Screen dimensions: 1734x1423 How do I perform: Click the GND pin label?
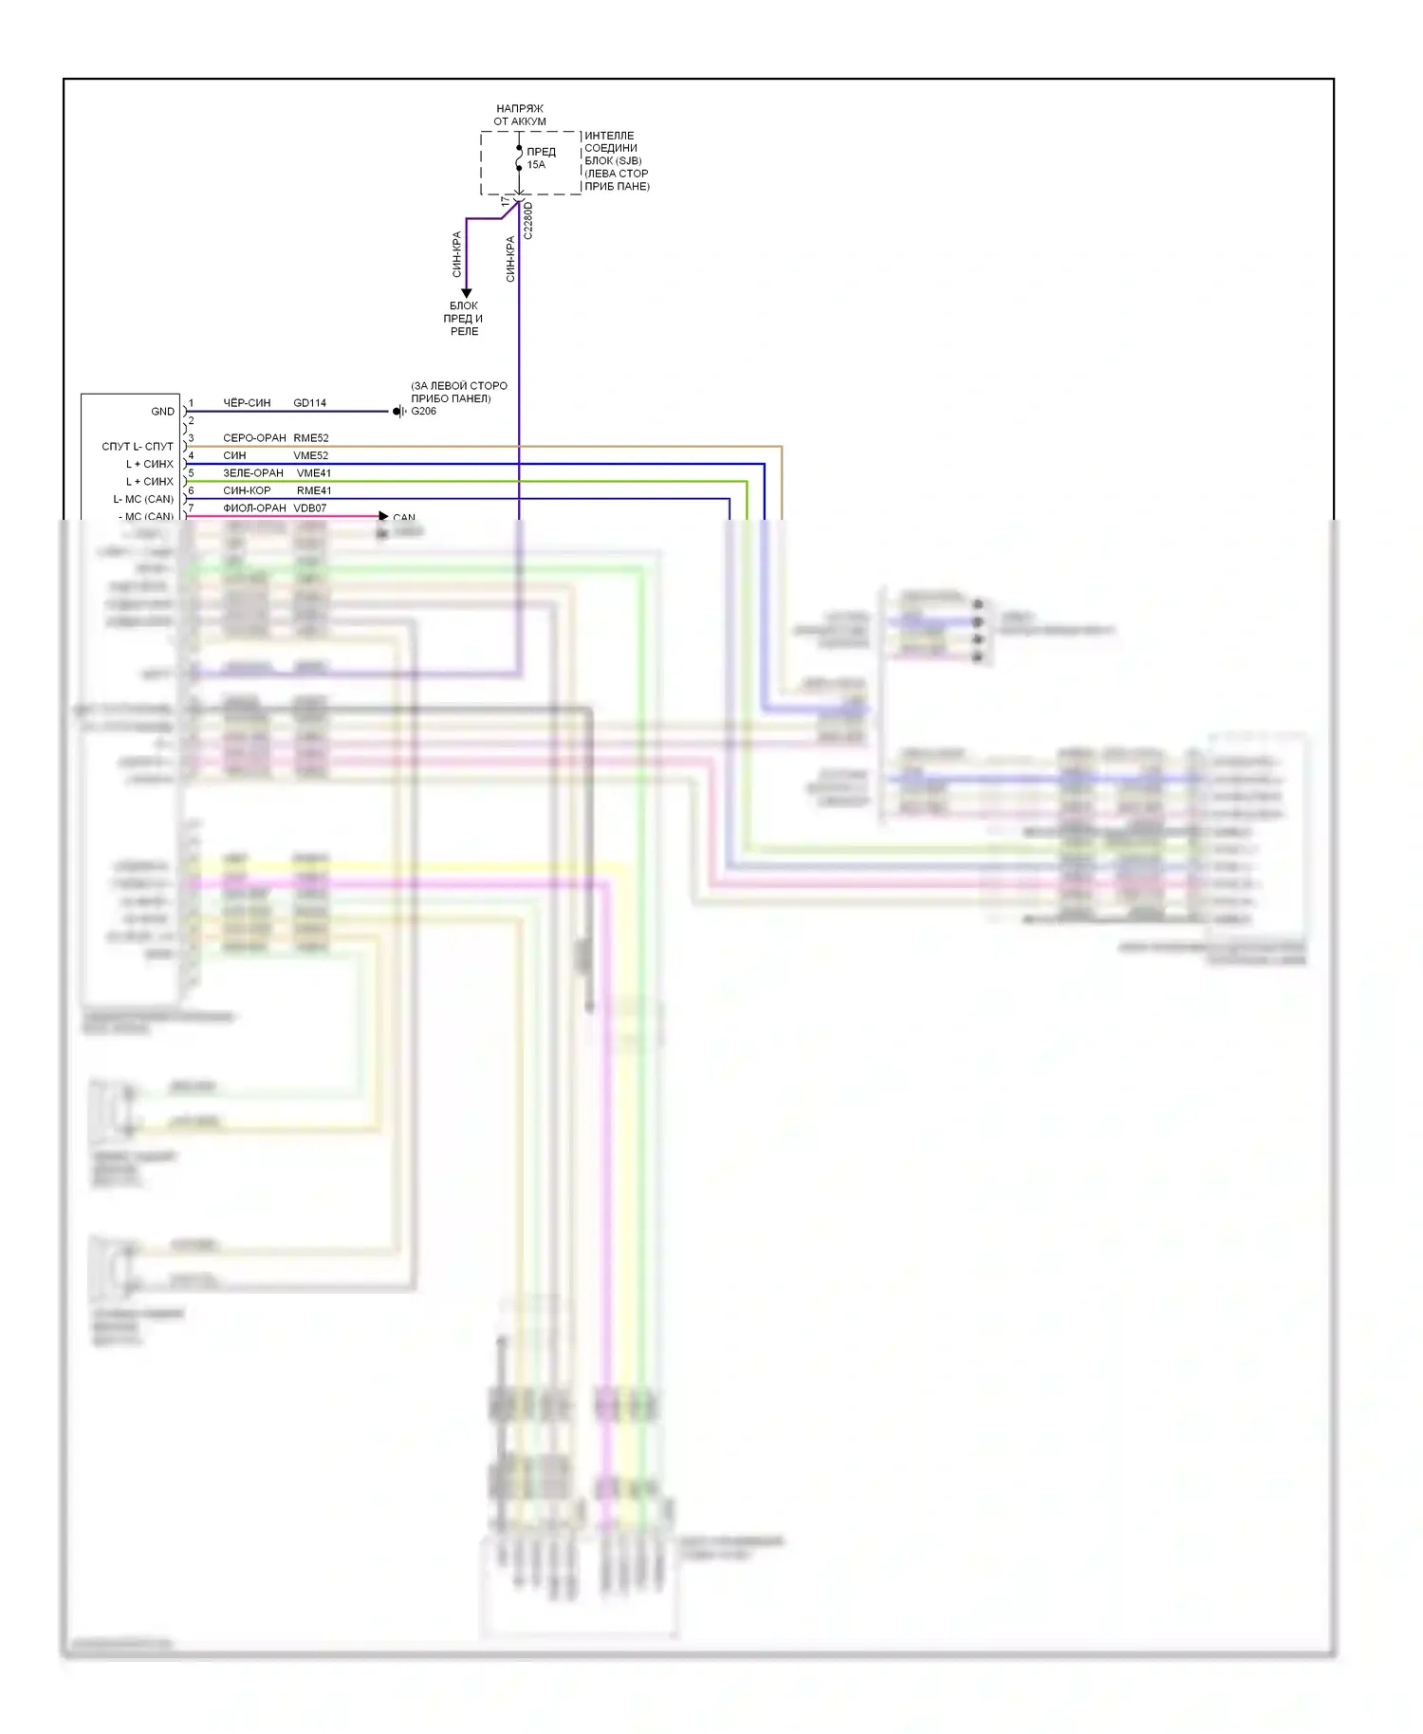click(x=162, y=412)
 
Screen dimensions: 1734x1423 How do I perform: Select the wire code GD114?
click(x=309, y=403)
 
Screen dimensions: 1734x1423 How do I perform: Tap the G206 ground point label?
click(x=424, y=412)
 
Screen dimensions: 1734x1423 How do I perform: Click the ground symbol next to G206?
click(x=399, y=412)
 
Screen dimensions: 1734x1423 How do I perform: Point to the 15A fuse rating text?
click(x=536, y=165)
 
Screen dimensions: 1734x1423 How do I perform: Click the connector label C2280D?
click(x=528, y=220)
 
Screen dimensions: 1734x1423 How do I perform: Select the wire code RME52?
click(x=311, y=438)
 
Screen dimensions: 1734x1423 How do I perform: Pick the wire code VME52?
click(x=311, y=455)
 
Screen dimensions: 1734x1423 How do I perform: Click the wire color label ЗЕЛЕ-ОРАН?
click(x=253, y=473)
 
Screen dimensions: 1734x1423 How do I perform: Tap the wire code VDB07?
click(x=310, y=508)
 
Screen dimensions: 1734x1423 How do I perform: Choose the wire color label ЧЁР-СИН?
click(x=247, y=403)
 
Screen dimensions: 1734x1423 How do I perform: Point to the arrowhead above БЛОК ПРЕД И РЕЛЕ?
click(x=466, y=293)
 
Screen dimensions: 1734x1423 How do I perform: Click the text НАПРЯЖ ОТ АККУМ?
click(x=520, y=115)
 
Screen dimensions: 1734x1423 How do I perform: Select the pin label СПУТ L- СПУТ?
click(x=138, y=447)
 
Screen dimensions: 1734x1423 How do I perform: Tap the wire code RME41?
click(x=314, y=490)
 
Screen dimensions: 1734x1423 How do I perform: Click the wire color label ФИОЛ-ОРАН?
click(x=254, y=508)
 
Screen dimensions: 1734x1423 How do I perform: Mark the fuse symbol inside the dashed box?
click(x=519, y=158)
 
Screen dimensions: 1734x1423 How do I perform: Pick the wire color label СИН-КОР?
click(x=247, y=490)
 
